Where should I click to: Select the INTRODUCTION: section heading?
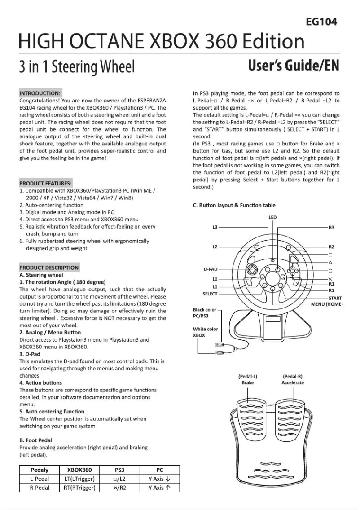(x=40, y=92)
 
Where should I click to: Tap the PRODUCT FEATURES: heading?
(x=45, y=184)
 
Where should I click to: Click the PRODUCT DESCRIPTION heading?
(x=49, y=268)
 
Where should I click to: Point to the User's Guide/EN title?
(x=294, y=67)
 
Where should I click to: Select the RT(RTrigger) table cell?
(x=79, y=488)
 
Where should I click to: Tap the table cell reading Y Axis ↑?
(x=159, y=488)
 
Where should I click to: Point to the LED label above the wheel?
(x=272, y=217)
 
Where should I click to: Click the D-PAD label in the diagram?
(x=210, y=269)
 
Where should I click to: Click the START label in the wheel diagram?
(x=335, y=298)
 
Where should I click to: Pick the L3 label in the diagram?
(x=215, y=228)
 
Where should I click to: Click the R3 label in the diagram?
(x=331, y=228)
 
